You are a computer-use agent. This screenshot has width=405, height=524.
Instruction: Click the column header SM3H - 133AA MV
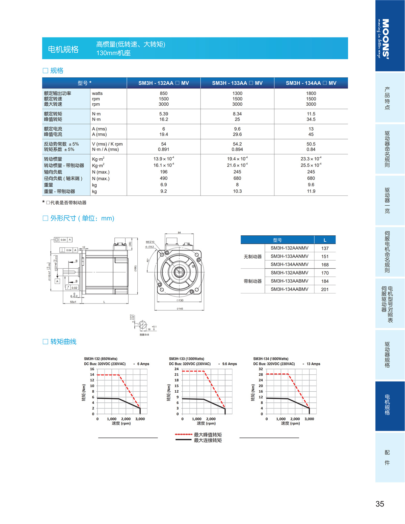(237, 83)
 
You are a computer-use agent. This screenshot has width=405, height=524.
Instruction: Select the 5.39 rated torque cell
(164, 114)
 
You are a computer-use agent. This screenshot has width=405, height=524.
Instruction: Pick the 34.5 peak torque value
(311, 120)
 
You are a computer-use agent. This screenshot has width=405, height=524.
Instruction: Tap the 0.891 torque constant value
(164, 150)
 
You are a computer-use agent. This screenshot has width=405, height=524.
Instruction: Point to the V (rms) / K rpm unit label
(107, 144)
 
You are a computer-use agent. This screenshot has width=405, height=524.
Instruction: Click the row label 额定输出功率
(57, 94)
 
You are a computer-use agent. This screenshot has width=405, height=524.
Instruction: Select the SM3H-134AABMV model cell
(289, 289)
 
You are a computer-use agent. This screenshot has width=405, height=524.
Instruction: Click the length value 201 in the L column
(325, 289)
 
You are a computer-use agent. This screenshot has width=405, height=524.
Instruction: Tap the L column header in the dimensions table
(325, 240)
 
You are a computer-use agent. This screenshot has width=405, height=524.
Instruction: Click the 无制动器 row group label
(252, 257)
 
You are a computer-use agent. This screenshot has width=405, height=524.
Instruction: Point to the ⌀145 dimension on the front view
(180, 309)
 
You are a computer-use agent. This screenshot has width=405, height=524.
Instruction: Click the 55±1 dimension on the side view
(73, 302)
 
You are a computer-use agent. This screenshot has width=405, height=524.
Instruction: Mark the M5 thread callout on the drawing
(150, 242)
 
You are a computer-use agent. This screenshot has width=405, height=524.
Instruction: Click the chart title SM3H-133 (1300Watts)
(186, 359)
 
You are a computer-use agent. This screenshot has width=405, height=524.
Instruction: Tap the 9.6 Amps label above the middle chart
(230, 364)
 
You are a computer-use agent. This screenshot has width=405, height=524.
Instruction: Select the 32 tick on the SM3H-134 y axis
(261, 369)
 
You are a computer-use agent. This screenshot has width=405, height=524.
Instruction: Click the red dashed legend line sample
(183, 435)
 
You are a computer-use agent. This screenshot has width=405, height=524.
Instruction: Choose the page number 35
(380, 504)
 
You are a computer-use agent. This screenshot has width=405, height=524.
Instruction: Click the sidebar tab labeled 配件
(387, 457)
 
